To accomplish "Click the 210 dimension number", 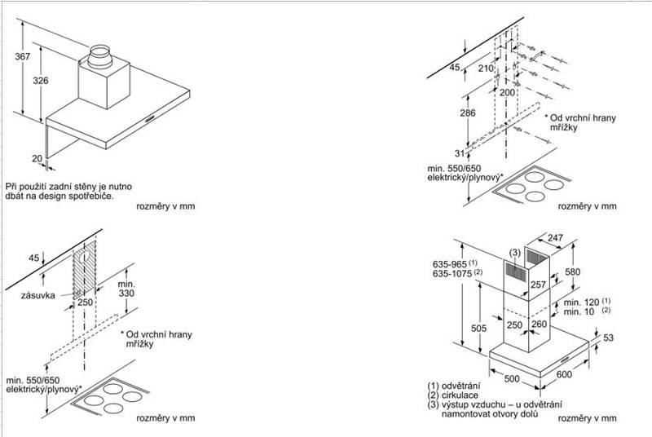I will [x=487, y=68].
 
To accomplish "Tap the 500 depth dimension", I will [x=510, y=378].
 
